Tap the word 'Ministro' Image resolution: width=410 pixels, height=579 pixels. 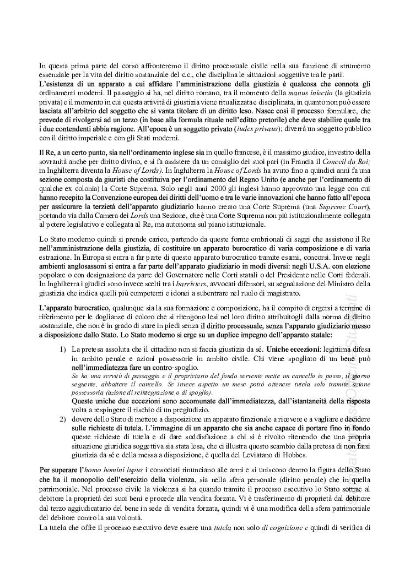(x=339, y=285)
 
